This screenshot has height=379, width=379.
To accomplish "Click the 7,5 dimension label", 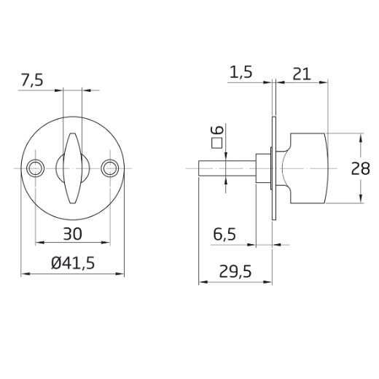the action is [x=32, y=80].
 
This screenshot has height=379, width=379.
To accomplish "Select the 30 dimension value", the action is [x=72, y=234].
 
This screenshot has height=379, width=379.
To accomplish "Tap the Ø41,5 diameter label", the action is [x=73, y=263].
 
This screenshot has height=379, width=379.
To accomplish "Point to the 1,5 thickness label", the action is [x=241, y=72].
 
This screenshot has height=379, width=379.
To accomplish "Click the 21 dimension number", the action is [x=302, y=74].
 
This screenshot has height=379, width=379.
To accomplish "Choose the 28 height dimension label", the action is [x=360, y=168].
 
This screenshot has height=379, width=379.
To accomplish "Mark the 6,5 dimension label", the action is [x=224, y=234].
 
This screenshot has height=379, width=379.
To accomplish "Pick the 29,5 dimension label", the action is [x=235, y=271].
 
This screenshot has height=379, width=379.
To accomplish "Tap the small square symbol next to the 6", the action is [x=217, y=143].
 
